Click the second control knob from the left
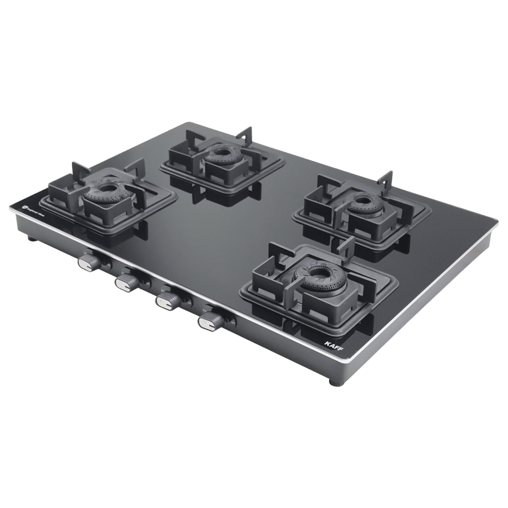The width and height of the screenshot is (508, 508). coord(124,282)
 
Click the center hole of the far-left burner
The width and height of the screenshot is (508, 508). coord(107,188)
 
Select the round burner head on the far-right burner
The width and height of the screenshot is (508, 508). coord(362,202)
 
